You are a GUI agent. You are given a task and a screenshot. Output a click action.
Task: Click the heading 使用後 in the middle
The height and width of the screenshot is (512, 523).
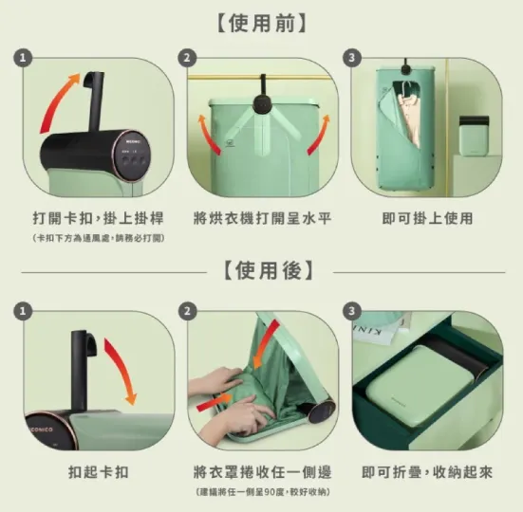(x=262, y=270)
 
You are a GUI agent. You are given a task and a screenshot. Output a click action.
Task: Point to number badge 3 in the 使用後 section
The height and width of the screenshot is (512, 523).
(x=353, y=311)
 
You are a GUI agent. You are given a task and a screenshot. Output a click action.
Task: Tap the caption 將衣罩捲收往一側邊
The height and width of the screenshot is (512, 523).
(x=261, y=471)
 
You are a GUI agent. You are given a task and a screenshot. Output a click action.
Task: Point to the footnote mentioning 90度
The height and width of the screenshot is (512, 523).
(x=261, y=491)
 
